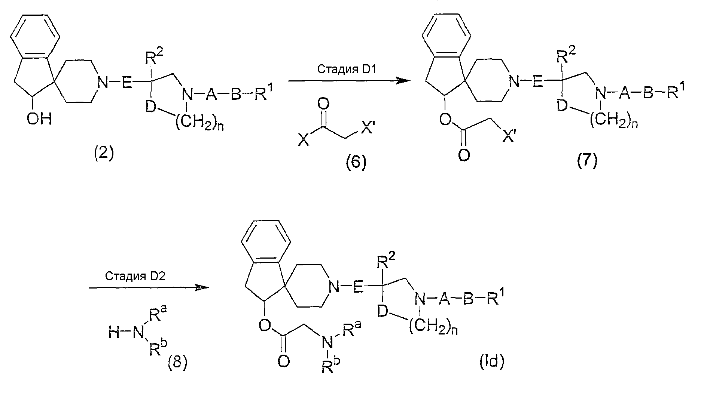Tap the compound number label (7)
pos(586,161)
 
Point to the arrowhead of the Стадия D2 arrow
pos(201,287)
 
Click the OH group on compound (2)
pos(39,119)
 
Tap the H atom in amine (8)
pos(113,332)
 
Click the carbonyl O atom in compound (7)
pos(463,155)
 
